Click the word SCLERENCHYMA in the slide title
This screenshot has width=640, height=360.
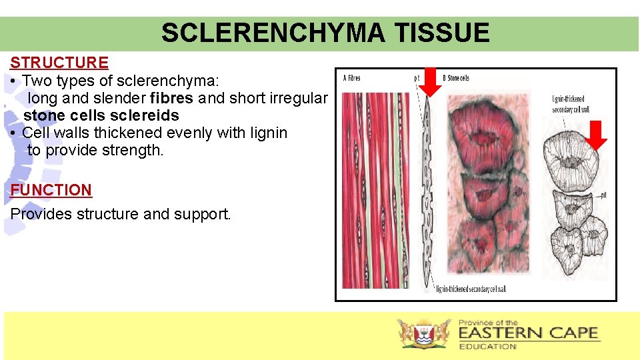pyautogui.click(x=269, y=33)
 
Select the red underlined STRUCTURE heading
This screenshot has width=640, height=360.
pyautogui.click(x=59, y=63)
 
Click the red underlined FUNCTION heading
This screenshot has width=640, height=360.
pyautogui.click(x=51, y=190)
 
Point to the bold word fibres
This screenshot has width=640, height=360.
pyautogui.click(x=172, y=99)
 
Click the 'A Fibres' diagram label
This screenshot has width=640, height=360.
pyautogui.click(x=351, y=78)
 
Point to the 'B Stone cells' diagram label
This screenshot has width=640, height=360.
pyautogui.click(x=455, y=78)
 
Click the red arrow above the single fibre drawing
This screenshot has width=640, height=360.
pyautogui.click(x=429, y=81)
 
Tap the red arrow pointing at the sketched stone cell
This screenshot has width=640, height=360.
pyautogui.click(x=598, y=135)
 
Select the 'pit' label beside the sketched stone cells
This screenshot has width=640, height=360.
pyautogui.click(x=602, y=195)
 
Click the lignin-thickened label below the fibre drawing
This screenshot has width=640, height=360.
pyautogui.click(x=471, y=289)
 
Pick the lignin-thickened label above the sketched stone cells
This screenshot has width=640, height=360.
pyautogui.click(x=571, y=105)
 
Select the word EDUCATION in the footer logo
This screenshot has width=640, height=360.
pyautogui.click(x=487, y=347)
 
